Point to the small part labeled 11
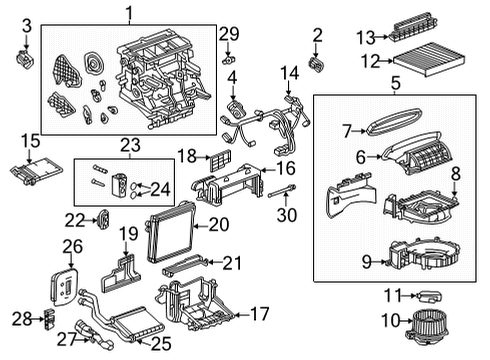pyautogui.click(x=432, y=295)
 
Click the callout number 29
pyautogui.click(x=229, y=33)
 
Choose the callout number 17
pyautogui.click(x=258, y=313)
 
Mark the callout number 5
pyautogui.click(x=394, y=84)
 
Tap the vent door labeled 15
pyautogui.click(x=34, y=169)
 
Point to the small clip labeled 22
pyautogui.click(x=104, y=218)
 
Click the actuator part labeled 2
pyautogui.click(x=317, y=65)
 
